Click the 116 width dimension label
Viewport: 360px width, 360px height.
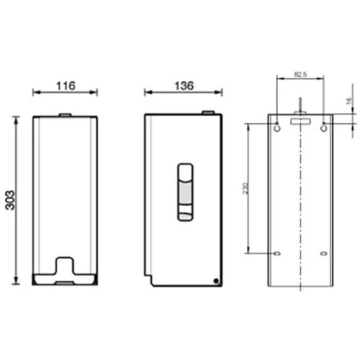point(66,86)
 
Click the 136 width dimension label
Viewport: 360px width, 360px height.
point(184,86)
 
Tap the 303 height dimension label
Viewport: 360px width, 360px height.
point(10,200)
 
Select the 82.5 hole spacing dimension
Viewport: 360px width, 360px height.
point(300,75)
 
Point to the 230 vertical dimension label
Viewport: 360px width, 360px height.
point(245,188)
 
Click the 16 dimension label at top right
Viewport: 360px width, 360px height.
point(349,101)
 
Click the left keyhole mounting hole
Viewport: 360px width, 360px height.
point(277,127)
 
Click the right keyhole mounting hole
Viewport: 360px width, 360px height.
point(323,127)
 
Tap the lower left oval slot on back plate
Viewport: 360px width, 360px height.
point(277,254)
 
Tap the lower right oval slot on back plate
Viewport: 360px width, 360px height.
point(323,254)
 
